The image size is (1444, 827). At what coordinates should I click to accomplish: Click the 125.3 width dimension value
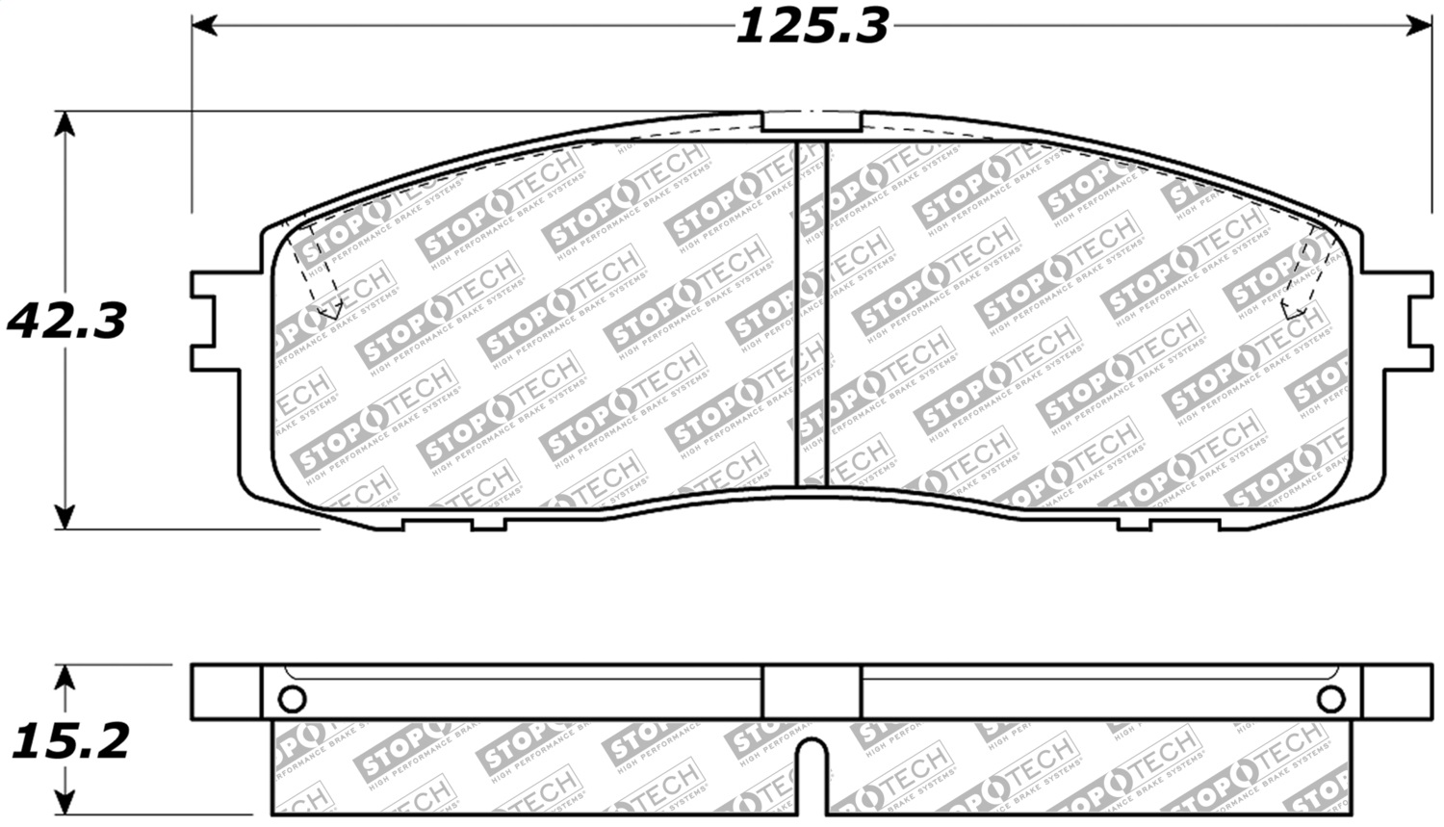point(812,26)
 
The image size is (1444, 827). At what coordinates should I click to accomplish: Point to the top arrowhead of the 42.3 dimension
point(64,123)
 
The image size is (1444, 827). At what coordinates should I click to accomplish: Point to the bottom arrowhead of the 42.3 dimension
point(64,517)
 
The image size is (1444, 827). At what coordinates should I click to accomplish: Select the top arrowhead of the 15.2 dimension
point(64,675)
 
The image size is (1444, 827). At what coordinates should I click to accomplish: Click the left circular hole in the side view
point(292,698)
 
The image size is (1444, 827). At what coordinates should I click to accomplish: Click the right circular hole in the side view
point(1331,698)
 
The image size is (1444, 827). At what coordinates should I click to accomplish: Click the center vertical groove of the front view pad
point(813,313)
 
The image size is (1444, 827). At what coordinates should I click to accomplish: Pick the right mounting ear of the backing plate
point(1410,321)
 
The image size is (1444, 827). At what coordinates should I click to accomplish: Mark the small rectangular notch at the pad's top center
point(812,121)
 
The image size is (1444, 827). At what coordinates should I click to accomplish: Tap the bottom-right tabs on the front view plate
point(1170,524)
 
